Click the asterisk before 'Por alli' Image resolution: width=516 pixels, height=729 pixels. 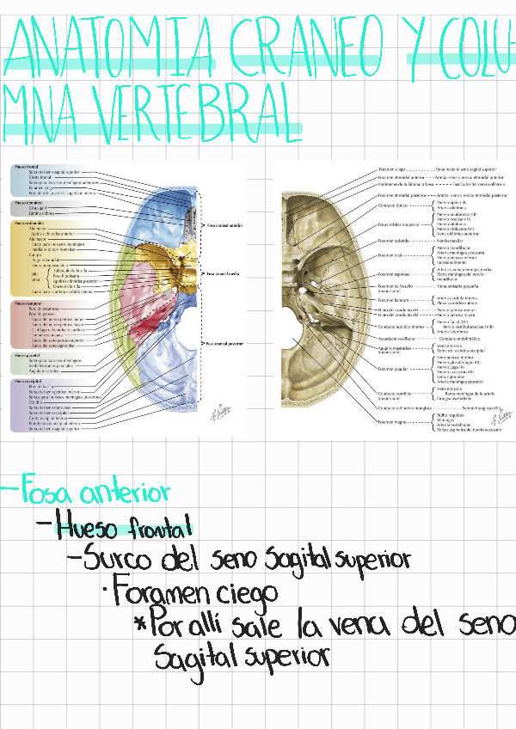pyautogui.click(x=139, y=623)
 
